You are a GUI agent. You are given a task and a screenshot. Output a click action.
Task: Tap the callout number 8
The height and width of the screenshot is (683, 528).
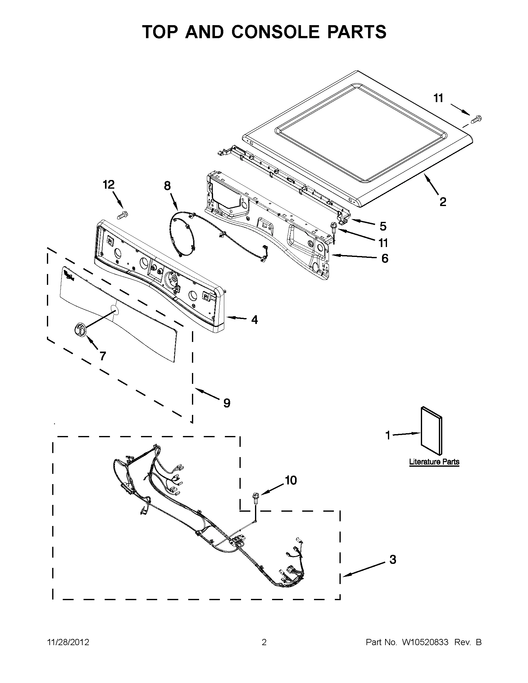167,186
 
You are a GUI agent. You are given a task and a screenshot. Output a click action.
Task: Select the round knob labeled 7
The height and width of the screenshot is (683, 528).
80,330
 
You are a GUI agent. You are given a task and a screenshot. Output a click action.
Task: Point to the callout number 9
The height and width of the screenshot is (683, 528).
227,403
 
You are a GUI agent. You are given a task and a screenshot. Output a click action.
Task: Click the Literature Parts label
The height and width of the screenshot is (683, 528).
434,461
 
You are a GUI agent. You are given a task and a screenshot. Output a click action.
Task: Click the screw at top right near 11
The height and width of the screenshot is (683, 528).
476,119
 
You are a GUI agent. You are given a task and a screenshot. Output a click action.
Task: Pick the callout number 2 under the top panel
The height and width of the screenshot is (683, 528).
443,202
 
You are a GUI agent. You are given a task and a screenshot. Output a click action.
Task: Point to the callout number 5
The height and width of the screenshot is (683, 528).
383,226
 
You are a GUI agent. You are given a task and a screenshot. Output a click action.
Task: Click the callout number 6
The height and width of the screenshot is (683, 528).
385,258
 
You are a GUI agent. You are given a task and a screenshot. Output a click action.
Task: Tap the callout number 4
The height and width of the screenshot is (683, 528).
255,320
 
